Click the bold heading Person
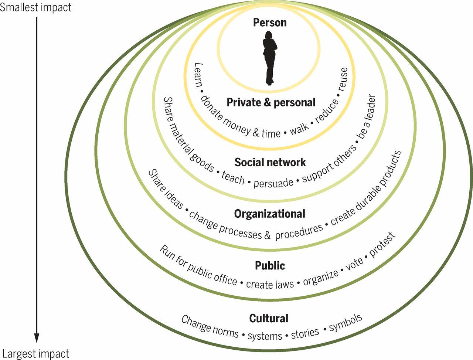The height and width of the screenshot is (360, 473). [270, 23]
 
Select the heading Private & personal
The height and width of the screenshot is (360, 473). [271, 102]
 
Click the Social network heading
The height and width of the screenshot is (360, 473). [270, 162]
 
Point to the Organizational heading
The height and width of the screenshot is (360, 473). [270, 214]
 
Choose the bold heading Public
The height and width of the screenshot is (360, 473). [270, 265]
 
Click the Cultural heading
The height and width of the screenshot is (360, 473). [269, 318]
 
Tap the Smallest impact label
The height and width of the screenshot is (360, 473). [36, 7]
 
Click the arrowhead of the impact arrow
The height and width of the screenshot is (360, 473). [37, 338]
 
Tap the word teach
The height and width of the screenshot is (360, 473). [233, 177]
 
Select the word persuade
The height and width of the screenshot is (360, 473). [273, 183]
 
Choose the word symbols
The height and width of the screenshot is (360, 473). [346, 323]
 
